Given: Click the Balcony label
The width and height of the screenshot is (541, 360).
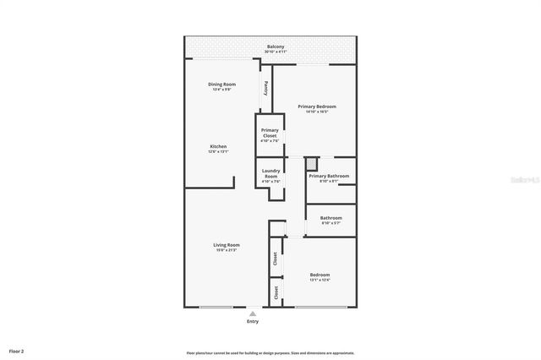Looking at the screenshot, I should [x=276, y=46].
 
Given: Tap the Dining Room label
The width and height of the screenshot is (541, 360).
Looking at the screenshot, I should [x=222, y=85].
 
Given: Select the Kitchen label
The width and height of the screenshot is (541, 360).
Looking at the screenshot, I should [x=219, y=146].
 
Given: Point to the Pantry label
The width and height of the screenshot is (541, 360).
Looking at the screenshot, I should [x=266, y=87].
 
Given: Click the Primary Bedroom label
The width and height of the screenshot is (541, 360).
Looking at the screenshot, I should [x=317, y=106].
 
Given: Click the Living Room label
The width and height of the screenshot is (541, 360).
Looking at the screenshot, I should [x=227, y=245].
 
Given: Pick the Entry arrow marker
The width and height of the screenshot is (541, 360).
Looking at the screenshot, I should [x=252, y=314].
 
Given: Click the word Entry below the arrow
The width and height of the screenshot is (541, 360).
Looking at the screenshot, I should [x=253, y=322].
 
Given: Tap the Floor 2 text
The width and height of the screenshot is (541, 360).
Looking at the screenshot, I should [x=17, y=350].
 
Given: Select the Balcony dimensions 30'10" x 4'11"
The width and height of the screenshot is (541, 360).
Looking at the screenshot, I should [x=276, y=52].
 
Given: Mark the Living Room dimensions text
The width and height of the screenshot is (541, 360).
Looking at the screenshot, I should [x=227, y=250].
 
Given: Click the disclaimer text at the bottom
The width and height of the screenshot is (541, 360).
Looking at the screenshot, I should [x=270, y=353].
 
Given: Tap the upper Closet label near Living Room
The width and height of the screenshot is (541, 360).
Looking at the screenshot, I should [x=276, y=259].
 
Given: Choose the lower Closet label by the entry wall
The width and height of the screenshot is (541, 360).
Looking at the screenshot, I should [x=276, y=292].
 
